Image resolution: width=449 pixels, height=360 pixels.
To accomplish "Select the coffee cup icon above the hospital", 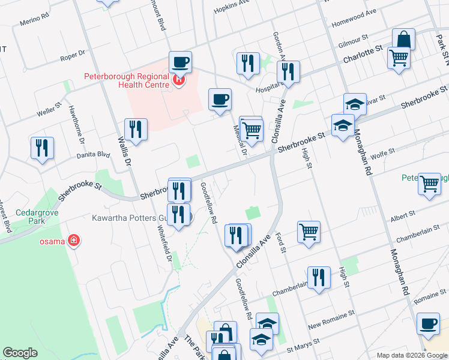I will tap(179, 61).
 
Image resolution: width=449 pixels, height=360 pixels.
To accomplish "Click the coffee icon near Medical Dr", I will tap(220, 98).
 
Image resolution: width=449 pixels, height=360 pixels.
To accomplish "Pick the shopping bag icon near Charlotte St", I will tap(404, 40).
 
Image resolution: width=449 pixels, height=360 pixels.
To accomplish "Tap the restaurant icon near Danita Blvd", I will tap(42, 148).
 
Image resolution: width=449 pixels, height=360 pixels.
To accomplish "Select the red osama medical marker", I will tap(73, 241).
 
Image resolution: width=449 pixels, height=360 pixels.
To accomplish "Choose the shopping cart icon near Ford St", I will tap(309, 230).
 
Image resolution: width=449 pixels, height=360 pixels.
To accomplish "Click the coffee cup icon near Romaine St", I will tap(427, 323).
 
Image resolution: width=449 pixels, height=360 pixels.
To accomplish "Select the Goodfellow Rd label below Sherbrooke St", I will tap(208, 203).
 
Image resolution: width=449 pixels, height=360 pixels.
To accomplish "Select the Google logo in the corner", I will tap(20, 353).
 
